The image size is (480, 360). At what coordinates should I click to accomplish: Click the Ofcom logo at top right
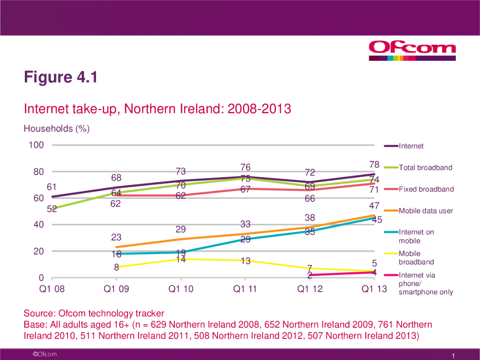[412, 50]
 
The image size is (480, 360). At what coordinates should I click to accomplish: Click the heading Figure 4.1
[61, 77]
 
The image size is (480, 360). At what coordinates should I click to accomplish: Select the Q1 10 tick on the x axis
[181, 289]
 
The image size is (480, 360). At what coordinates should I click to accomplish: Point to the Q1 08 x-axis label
[52, 289]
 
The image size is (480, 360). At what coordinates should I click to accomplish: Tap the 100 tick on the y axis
[36, 145]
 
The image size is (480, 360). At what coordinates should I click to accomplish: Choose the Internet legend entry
[411, 146]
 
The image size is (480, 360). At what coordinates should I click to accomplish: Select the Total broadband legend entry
[425, 167]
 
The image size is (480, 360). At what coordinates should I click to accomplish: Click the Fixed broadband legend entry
[426, 189]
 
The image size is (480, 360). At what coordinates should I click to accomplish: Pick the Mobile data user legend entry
[426, 211]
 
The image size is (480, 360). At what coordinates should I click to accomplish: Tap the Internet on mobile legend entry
[416, 236]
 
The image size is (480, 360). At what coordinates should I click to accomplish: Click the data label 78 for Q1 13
[374, 165]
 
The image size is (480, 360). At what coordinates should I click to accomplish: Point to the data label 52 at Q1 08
[52, 210]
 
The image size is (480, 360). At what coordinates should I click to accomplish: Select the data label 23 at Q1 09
[116, 237]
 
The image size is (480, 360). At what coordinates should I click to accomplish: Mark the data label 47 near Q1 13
[374, 206]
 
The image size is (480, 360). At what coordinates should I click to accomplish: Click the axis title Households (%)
[57, 128]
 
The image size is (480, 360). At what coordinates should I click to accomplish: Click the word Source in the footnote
[38, 313]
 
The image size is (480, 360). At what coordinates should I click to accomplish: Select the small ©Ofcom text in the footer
[44, 354]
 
